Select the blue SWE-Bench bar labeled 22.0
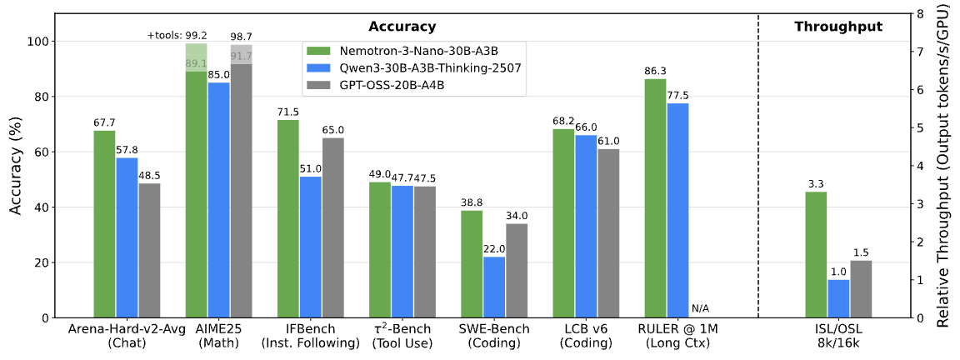point(494,287)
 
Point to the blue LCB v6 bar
point(586,226)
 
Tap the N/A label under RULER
point(701,309)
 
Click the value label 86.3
point(655,72)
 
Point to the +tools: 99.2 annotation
point(177,35)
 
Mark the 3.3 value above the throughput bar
point(816,184)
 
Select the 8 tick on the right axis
point(918,14)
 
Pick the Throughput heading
point(837,27)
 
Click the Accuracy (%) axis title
point(16,166)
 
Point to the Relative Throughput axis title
point(943,166)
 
